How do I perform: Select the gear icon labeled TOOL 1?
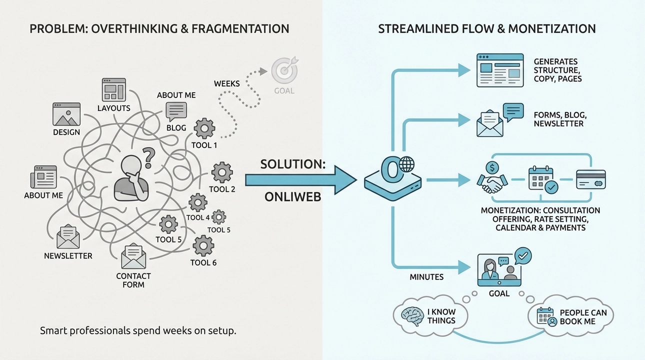click(x=204, y=128)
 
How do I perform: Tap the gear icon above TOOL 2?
click(x=222, y=172)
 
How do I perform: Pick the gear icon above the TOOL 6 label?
click(x=203, y=245)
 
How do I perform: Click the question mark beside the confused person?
click(x=148, y=158)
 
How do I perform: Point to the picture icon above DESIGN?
click(x=66, y=114)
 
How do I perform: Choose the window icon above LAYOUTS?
click(x=113, y=89)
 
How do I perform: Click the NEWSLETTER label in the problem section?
click(x=68, y=256)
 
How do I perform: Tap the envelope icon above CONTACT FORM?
click(x=133, y=255)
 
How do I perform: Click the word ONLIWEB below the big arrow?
click(x=292, y=197)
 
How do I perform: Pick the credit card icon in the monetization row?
click(x=590, y=179)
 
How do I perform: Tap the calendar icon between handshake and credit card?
click(x=541, y=179)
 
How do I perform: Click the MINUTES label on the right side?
click(x=426, y=276)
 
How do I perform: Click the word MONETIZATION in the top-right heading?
click(x=551, y=28)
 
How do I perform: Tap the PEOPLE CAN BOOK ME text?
click(x=583, y=317)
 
